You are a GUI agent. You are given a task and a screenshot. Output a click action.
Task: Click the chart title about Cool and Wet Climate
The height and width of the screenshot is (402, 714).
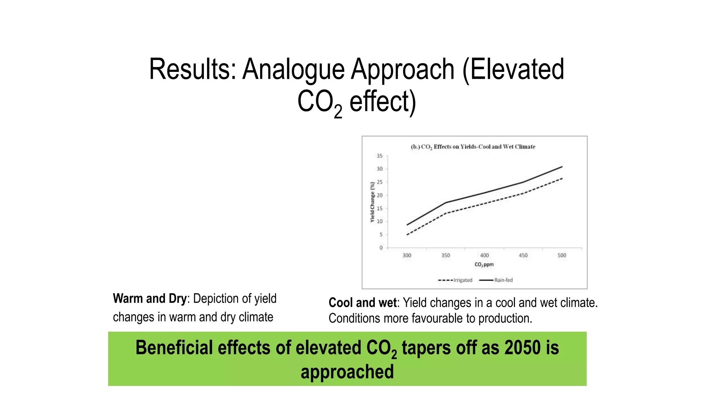pyautogui.click(x=473, y=147)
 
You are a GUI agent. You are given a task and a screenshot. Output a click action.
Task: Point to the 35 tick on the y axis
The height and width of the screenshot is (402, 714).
pyautogui.click(x=380, y=156)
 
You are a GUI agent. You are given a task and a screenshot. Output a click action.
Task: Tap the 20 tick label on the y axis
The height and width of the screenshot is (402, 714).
pyautogui.click(x=380, y=195)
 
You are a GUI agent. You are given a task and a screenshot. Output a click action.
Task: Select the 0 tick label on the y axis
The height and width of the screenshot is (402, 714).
pyautogui.click(x=381, y=248)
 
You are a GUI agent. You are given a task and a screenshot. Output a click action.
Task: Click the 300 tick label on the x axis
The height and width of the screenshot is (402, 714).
pyautogui.click(x=407, y=255)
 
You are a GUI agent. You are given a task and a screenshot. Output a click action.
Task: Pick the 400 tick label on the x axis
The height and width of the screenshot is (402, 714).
pyautogui.click(x=484, y=255)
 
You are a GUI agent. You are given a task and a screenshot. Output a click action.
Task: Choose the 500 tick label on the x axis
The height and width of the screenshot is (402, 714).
pyautogui.click(x=562, y=255)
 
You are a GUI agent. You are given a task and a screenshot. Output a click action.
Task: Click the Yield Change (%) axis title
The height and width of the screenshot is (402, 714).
pyautogui.click(x=372, y=202)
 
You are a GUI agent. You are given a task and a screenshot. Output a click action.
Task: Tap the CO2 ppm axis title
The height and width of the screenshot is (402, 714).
pyautogui.click(x=484, y=265)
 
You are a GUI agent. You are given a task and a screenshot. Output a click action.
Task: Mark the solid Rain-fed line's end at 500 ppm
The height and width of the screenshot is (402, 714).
pyautogui.click(x=562, y=167)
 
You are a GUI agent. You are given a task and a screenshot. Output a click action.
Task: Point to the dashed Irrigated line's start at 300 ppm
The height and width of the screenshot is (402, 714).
pyautogui.click(x=407, y=234)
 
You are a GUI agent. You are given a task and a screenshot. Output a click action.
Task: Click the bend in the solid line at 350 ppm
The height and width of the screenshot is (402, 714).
pyautogui.click(x=446, y=202)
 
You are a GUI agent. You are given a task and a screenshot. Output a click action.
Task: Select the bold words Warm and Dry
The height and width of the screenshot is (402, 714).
pyautogui.click(x=150, y=299)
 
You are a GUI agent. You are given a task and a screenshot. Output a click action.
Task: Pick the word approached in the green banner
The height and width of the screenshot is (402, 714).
pyautogui.click(x=347, y=372)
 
